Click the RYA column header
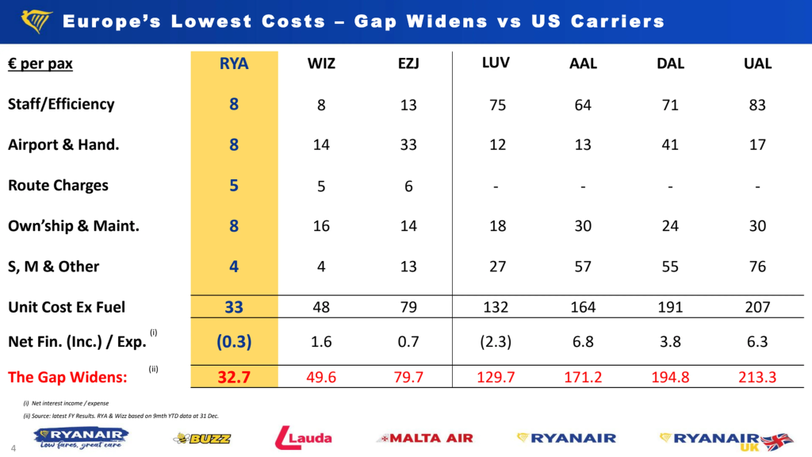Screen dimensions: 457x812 [x=234, y=64]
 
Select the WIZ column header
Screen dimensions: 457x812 [x=321, y=64]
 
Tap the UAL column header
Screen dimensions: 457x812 [x=757, y=64]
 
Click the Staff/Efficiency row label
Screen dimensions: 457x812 [x=61, y=105]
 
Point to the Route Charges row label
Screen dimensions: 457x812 [x=58, y=186]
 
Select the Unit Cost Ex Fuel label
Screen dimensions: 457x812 [x=67, y=307]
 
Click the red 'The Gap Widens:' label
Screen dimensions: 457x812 [x=67, y=377]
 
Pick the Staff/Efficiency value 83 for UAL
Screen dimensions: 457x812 [x=757, y=105]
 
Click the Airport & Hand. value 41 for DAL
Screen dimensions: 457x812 [x=670, y=145]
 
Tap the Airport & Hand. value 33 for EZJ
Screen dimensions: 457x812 [x=408, y=145]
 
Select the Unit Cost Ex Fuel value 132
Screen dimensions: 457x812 [x=497, y=307]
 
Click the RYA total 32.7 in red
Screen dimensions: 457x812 [x=234, y=377]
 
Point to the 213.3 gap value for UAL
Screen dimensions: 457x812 [x=757, y=377]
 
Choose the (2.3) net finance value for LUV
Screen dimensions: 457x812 [x=497, y=341]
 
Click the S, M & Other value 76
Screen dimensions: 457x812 [x=757, y=267]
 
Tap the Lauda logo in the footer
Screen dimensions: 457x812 [x=304, y=437]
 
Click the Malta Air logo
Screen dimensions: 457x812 [x=425, y=438]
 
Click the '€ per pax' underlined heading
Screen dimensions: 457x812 [x=40, y=64]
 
